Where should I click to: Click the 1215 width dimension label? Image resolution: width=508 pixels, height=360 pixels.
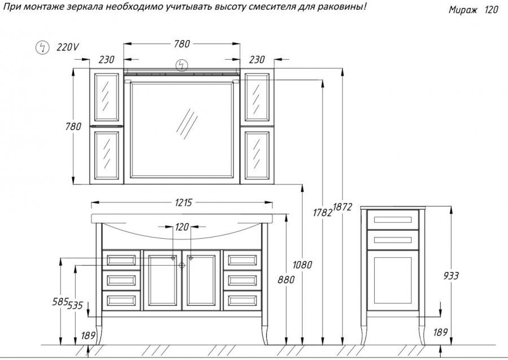(x=183, y=203)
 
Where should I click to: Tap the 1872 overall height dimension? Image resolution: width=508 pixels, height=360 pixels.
(x=342, y=207)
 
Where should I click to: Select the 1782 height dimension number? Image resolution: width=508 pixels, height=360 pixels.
(x=323, y=213)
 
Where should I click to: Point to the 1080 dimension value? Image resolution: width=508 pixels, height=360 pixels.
(x=303, y=265)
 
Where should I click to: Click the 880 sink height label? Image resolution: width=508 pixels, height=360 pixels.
(x=286, y=279)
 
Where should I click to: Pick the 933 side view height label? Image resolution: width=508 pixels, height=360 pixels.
(x=451, y=276)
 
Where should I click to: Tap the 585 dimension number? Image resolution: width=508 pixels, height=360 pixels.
(x=60, y=302)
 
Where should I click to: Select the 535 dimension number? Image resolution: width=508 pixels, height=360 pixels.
(x=75, y=305)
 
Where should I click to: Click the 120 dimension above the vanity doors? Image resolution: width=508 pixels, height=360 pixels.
(x=182, y=227)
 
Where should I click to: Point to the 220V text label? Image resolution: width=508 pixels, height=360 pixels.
(x=67, y=47)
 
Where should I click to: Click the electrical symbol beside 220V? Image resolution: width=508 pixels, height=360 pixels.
(x=42, y=47)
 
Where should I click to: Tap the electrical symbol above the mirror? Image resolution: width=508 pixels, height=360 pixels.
(x=181, y=65)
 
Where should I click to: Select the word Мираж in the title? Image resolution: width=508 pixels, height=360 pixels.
(x=463, y=10)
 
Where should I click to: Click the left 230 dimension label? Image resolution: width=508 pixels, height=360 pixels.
(x=107, y=60)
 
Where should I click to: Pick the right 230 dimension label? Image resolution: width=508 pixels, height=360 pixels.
(x=257, y=60)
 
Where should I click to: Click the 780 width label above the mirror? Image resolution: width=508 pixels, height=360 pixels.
(x=182, y=44)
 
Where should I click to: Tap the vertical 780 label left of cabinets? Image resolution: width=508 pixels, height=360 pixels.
(x=73, y=126)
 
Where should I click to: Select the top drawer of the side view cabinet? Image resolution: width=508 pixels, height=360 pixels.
(x=393, y=220)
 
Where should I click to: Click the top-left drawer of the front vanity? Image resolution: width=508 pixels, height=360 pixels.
(x=121, y=260)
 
